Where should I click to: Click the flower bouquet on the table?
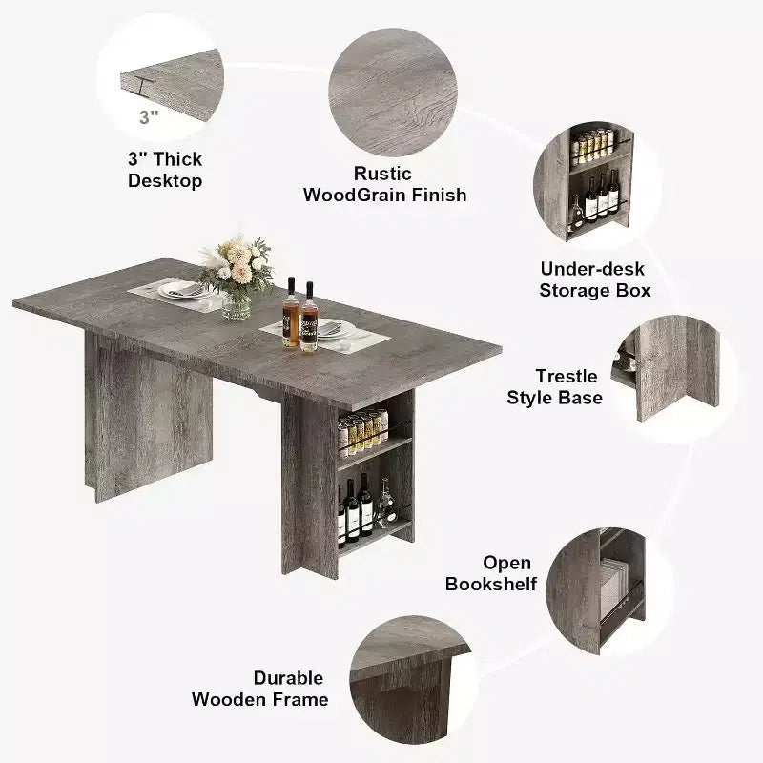pyautogui.click(x=237, y=264)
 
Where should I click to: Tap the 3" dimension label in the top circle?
pyautogui.click(x=149, y=117)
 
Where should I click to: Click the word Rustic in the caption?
pyautogui.click(x=382, y=174)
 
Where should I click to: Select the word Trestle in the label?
pyautogui.click(x=567, y=376)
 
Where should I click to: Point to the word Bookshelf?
pyautogui.click(x=491, y=584)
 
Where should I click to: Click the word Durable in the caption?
pyautogui.click(x=288, y=678)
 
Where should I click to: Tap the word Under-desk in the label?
pyautogui.click(x=592, y=269)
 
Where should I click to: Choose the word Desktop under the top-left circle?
pyautogui.click(x=165, y=181)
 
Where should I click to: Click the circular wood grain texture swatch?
pyautogui.click(x=393, y=93)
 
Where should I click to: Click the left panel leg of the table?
pyautogui.click(x=149, y=417)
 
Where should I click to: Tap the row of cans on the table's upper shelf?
pyautogui.click(x=363, y=432)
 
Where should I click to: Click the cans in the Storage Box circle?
pyautogui.click(x=592, y=146)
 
